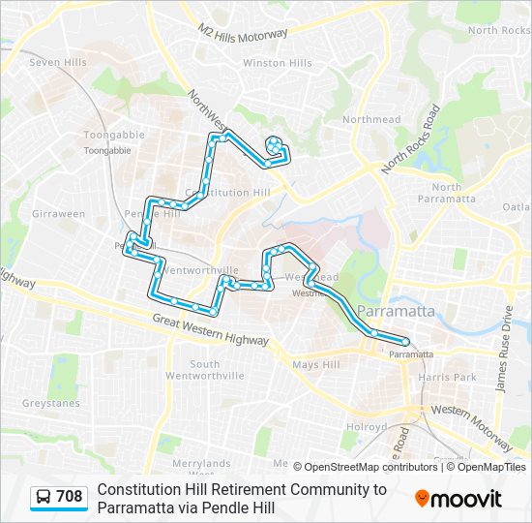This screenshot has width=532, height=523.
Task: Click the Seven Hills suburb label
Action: click(x=58, y=62)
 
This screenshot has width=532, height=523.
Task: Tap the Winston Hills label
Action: click(x=277, y=63)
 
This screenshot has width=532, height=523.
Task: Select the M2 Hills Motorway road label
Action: click(x=243, y=45)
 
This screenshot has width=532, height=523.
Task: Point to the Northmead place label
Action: click(x=370, y=119)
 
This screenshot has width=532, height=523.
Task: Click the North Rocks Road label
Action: click(x=409, y=138)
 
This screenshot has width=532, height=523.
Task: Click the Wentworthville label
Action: click(x=190, y=270)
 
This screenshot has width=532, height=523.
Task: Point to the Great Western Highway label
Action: click(x=210, y=331)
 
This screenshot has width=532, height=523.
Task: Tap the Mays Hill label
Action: click(x=316, y=365)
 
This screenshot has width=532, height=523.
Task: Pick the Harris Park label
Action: click(x=456, y=376)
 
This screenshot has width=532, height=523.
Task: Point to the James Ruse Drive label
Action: click(x=503, y=350)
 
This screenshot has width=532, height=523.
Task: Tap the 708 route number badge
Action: click(x=59, y=497)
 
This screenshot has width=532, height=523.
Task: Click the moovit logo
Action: click(x=458, y=499)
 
